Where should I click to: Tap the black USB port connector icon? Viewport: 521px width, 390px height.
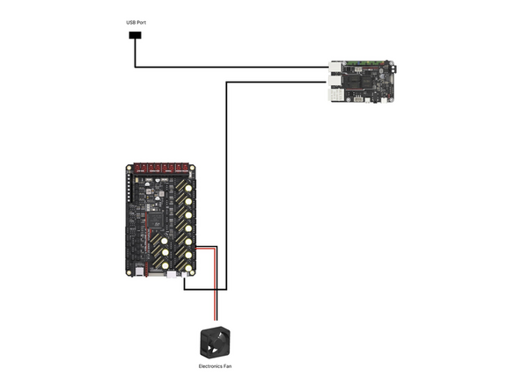pyautogui.click(x=135, y=36)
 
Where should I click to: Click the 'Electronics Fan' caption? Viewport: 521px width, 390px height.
pyautogui.click(x=216, y=365)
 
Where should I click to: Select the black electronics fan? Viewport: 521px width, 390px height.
pyautogui.click(x=216, y=341)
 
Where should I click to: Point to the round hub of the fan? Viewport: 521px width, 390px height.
pyautogui.click(x=216, y=342)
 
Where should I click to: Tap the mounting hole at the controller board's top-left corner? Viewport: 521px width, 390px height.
pyautogui.click(x=129, y=166)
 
